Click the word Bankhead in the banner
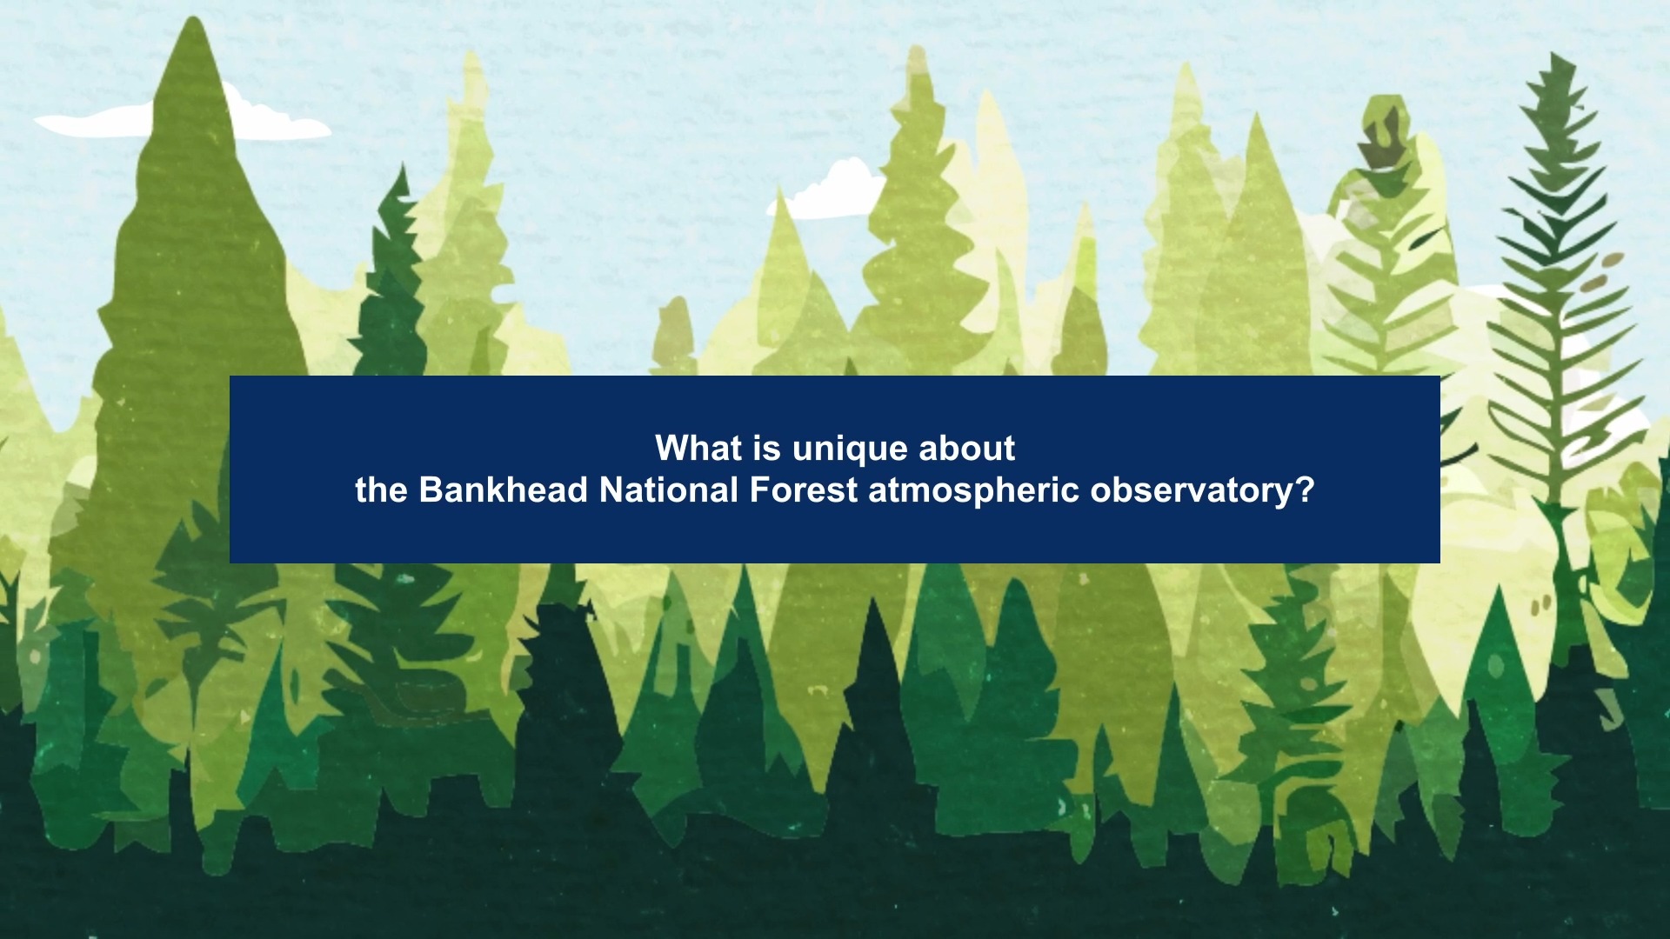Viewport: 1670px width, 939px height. [x=504, y=490]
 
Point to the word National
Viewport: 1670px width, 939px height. [x=668, y=490]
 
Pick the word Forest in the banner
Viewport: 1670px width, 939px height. [x=803, y=490]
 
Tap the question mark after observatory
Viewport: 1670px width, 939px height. [x=1305, y=490]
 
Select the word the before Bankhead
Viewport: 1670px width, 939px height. [x=382, y=490]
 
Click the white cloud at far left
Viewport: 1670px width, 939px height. [x=183, y=117]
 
